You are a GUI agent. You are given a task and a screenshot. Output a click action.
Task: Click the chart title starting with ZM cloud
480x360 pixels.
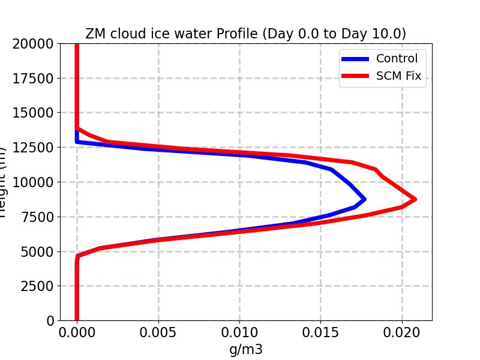tap(245, 34)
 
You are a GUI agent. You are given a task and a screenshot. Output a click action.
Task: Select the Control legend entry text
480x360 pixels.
tap(397, 58)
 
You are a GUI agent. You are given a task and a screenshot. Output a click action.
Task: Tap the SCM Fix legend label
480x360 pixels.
tap(398, 76)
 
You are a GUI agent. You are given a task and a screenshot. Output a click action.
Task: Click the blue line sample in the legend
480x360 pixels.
tap(355, 59)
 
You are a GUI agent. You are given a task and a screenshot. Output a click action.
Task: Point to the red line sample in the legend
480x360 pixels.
tap(355, 76)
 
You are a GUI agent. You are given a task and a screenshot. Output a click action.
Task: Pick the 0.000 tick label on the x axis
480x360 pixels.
tap(77, 332)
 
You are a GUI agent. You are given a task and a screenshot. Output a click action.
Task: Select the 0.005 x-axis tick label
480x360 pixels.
tap(158, 332)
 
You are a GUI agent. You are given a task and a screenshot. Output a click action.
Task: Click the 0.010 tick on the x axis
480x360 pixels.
tap(239, 332)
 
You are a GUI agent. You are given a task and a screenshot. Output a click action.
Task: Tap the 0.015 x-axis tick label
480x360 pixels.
tap(321, 332)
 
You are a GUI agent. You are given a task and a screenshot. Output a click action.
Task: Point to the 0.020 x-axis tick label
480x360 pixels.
tap(402, 332)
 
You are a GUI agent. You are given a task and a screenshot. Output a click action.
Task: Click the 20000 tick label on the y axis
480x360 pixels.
tap(35, 43)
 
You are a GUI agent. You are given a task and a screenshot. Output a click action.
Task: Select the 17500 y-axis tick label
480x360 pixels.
tap(35, 78)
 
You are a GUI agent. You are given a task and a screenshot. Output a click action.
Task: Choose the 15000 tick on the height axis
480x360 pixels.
tap(35, 113)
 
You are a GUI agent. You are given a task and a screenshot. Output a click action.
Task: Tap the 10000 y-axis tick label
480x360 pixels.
tap(35, 182)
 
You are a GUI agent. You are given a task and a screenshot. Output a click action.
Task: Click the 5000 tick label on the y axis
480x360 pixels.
tap(39, 251)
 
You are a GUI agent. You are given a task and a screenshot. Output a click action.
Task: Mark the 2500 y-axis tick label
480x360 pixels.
tap(39, 286)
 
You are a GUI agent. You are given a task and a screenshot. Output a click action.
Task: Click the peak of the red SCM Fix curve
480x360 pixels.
tap(414, 199)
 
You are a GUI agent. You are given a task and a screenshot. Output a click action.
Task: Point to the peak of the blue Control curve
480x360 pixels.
tap(364, 199)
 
